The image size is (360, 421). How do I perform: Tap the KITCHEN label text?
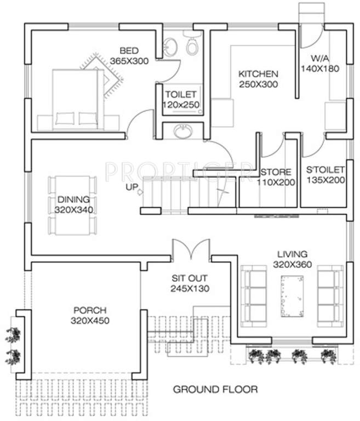(258, 73)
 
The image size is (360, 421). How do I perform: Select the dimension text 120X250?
(180, 104)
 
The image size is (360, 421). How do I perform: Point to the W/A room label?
(320, 58)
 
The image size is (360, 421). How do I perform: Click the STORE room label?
(276, 172)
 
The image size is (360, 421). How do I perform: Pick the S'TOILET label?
(325, 169)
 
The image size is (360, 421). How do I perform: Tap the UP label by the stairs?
(132, 187)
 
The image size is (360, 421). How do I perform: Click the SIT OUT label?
(190, 278)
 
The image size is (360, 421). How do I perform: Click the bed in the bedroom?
(77, 99)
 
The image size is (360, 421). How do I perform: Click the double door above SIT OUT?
(190, 251)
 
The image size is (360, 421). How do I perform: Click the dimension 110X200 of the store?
(276, 182)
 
